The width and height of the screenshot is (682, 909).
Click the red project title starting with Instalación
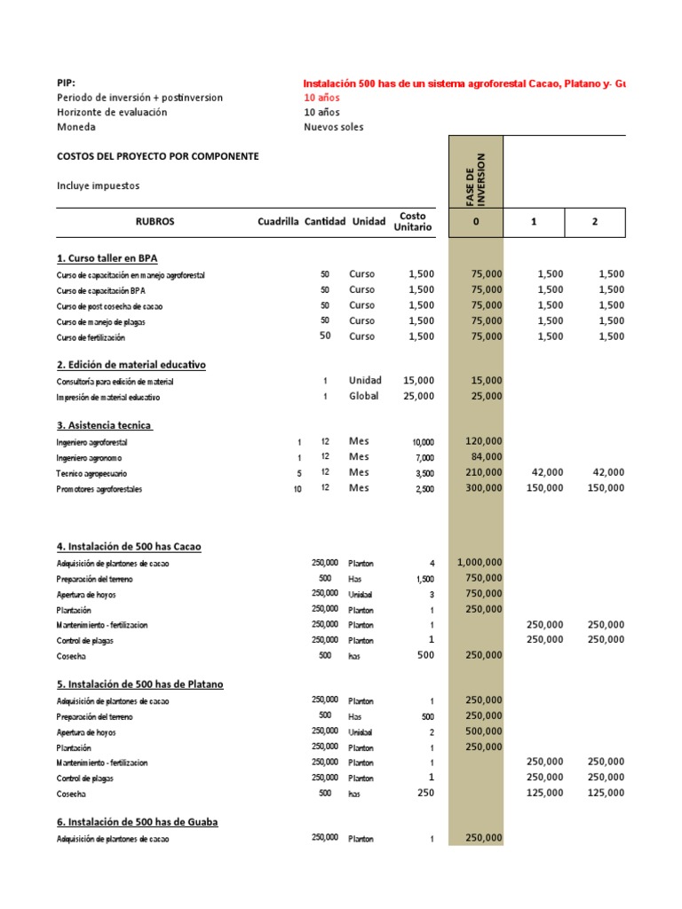[x=464, y=83]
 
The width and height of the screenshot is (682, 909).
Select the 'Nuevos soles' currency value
[x=333, y=127]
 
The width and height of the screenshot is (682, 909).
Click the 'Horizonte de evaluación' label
[x=112, y=112]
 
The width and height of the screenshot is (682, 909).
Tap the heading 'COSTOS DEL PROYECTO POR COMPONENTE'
[x=158, y=156]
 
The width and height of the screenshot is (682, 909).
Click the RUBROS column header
[x=155, y=222]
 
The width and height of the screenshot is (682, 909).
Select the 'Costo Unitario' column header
[x=413, y=222]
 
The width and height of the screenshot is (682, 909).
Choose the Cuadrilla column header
[x=278, y=222]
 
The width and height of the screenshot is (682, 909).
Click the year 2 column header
[x=594, y=222]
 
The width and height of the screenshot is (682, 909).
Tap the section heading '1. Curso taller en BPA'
[x=107, y=258]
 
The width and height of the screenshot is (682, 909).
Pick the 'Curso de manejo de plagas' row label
[x=101, y=321]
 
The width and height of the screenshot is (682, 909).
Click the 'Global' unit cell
[x=363, y=396]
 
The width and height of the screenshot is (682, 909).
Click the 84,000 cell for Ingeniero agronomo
[x=484, y=457]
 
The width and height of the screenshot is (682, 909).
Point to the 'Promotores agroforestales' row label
[x=99, y=489]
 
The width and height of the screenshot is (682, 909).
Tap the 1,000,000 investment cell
[x=480, y=562]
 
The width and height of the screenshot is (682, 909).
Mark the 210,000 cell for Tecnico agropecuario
[x=484, y=473]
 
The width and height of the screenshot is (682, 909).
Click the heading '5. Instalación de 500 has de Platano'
[x=140, y=684]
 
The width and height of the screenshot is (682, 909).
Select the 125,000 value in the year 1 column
[x=544, y=793]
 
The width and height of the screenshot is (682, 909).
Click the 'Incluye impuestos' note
[x=99, y=186]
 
